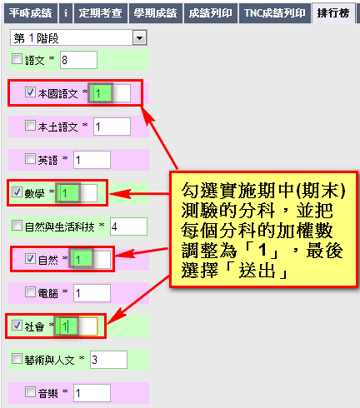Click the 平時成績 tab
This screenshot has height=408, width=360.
click(x=30, y=13)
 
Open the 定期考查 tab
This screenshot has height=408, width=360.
click(x=100, y=13)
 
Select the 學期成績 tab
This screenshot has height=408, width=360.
click(x=155, y=13)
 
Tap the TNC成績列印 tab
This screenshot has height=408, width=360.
click(x=275, y=13)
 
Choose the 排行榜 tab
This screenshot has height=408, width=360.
click(x=333, y=13)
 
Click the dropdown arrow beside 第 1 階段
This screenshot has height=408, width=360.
click(x=139, y=37)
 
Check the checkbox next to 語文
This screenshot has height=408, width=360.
click(x=17, y=59)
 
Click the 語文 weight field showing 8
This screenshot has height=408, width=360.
click(x=78, y=60)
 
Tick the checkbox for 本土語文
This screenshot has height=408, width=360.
click(x=30, y=126)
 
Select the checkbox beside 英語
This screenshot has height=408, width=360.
click(x=30, y=159)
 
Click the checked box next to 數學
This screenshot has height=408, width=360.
click(x=17, y=192)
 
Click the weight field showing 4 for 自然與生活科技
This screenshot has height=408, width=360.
click(x=128, y=226)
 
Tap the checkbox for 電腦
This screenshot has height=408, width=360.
click(x=30, y=292)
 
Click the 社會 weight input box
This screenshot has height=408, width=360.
click(x=78, y=326)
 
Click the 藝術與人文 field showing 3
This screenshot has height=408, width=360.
click(x=109, y=360)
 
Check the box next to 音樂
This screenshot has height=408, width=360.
click(x=30, y=392)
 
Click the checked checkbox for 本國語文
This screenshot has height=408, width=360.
click(x=30, y=92)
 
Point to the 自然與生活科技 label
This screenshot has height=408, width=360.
click(x=60, y=226)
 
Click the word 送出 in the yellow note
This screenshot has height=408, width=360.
click(x=257, y=270)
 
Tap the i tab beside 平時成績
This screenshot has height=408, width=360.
click(x=66, y=13)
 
